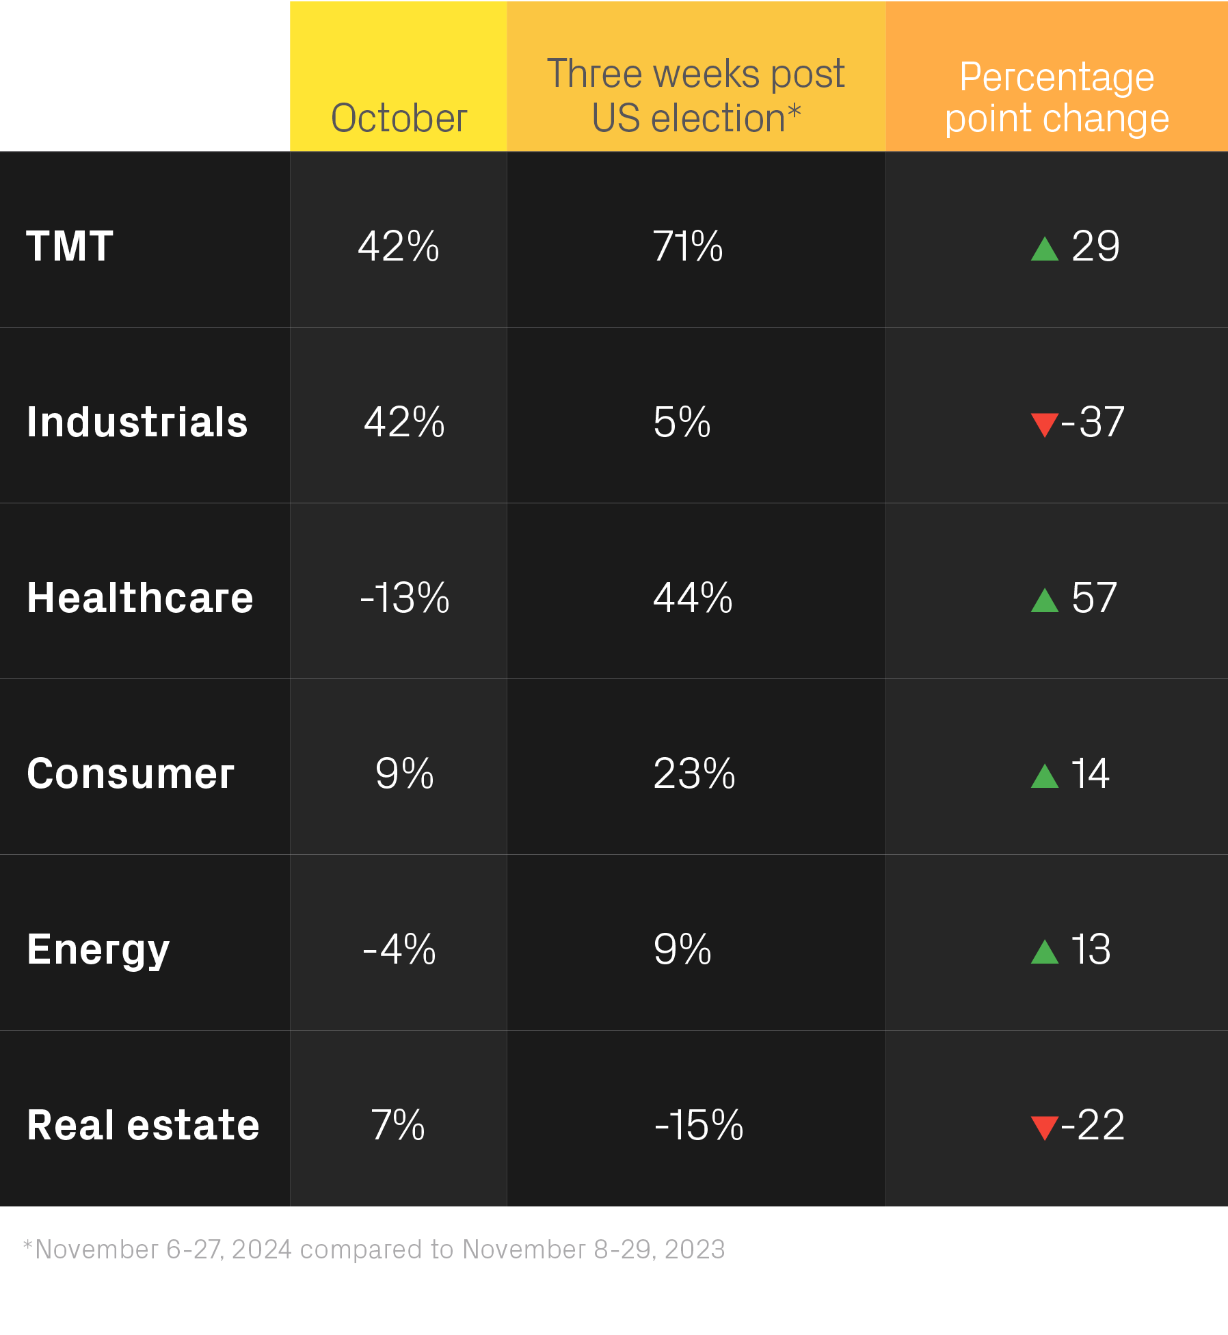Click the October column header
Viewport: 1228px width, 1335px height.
(399, 118)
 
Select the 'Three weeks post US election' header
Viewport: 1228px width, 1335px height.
(695, 96)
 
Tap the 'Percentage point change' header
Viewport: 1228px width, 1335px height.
(1056, 97)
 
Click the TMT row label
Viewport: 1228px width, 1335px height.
(70, 246)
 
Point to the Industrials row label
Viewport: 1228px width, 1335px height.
(137, 421)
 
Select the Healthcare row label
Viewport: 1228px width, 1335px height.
(140, 597)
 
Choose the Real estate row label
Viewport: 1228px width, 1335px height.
(143, 1125)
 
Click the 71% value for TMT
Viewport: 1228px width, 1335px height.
(687, 246)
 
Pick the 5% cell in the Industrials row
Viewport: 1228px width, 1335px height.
(682, 422)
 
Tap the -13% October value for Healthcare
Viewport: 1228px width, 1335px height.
(404, 598)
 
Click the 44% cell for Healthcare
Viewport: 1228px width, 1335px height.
(693, 598)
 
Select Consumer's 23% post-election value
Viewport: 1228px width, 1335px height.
(694, 774)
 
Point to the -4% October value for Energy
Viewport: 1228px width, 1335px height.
(399, 949)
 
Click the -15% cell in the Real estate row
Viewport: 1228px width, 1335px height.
(698, 1125)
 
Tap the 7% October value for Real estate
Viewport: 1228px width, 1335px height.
(398, 1125)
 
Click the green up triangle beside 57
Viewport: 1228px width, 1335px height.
(1044, 600)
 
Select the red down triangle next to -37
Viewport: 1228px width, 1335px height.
(1044, 424)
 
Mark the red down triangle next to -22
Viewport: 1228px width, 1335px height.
(1044, 1127)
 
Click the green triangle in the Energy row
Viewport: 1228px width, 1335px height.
(1044, 952)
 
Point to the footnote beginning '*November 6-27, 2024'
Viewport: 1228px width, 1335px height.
(374, 1250)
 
